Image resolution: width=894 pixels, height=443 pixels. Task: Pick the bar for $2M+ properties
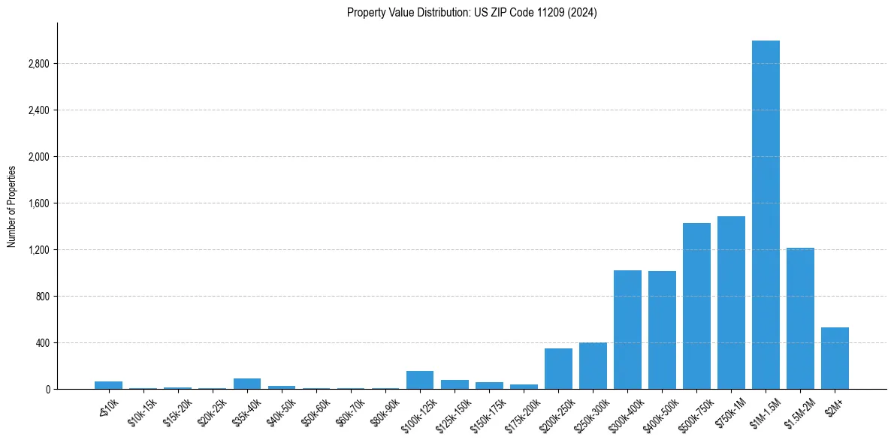click(x=835, y=358)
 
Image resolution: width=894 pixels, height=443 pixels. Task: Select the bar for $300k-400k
click(x=627, y=330)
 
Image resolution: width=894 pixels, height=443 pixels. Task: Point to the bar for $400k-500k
click(x=662, y=330)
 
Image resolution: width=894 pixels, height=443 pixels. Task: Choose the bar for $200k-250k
click(x=558, y=369)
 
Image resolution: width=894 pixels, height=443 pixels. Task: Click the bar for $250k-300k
click(x=593, y=366)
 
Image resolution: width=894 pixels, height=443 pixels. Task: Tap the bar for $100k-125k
click(x=420, y=380)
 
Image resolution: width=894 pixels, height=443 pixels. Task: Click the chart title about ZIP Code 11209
click(x=472, y=13)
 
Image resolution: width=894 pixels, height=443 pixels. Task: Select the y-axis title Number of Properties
click(x=12, y=206)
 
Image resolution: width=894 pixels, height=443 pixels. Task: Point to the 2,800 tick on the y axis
click(x=38, y=64)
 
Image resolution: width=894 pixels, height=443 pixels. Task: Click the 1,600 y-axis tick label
click(x=38, y=203)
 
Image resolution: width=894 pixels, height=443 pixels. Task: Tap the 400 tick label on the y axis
click(x=41, y=343)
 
